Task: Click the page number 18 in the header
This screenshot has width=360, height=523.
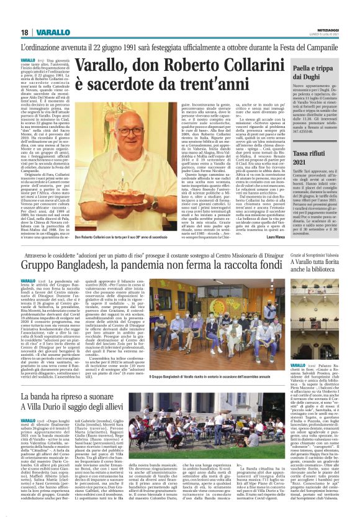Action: tap(24, 32)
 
